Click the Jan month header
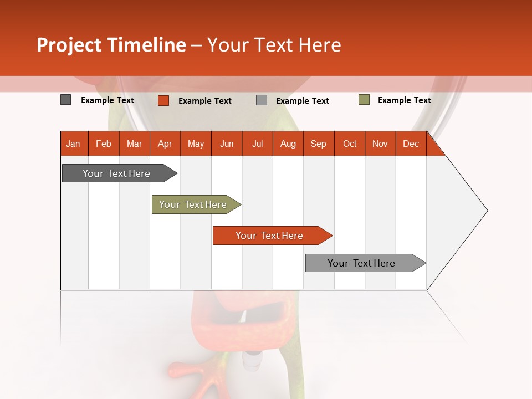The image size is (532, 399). [x=73, y=144]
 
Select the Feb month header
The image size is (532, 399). [x=104, y=144]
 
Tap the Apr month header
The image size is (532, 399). [x=165, y=144]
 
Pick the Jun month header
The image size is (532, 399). [x=227, y=144]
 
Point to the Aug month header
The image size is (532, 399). [x=288, y=144]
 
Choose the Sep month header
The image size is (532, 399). [x=318, y=144]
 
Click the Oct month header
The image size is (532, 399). [x=350, y=144]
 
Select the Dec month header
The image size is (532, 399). [x=411, y=144]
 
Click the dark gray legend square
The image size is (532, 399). [x=66, y=100]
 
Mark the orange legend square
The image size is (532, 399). [x=163, y=100]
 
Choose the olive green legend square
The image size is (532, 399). [x=364, y=100]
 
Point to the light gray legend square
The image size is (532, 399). [x=262, y=100]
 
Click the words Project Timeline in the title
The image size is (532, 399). [x=111, y=45]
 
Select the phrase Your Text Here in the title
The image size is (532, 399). [x=274, y=45]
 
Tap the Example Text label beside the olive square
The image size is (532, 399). [x=404, y=100]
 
